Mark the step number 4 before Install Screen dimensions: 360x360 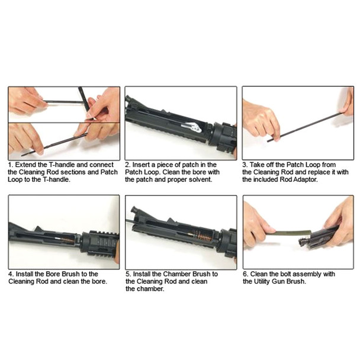coord(10,274)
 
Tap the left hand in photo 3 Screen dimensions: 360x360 coord(261,118)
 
